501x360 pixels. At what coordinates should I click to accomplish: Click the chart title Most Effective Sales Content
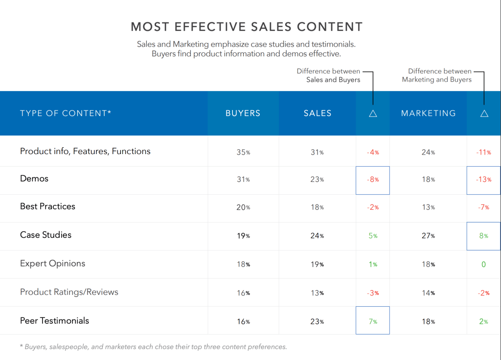pyautogui.click(x=247, y=26)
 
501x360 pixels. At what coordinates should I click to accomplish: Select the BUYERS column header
pyautogui.click(x=243, y=113)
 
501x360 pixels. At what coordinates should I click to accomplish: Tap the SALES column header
pyautogui.click(x=318, y=113)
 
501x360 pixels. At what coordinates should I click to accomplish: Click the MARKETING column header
pyautogui.click(x=428, y=113)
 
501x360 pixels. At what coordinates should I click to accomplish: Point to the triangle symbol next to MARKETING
pyautogui.click(x=484, y=113)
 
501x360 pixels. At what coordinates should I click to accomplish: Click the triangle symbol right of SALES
pyautogui.click(x=373, y=113)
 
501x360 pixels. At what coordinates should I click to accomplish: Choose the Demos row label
pyautogui.click(x=34, y=179)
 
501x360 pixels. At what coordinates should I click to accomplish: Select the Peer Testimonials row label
pyautogui.click(x=54, y=321)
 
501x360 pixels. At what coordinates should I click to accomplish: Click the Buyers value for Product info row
pyautogui.click(x=243, y=152)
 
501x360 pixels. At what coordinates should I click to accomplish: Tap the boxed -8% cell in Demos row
pyautogui.click(x=373, y=180)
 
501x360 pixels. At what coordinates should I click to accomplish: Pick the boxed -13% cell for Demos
pyautogui.click(x=483, y=180)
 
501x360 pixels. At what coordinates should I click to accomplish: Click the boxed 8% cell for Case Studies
pyautogui.click(x=483, y=236)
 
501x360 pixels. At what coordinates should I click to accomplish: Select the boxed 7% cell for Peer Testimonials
pyautogui.click(x=373, y=321)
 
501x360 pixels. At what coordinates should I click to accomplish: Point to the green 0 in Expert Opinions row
pyautogui.click(x=483, y=265)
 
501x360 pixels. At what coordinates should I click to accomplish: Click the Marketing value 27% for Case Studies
pyautogui.click(x=428, y=236)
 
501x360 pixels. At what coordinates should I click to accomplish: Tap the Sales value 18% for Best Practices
pyautogui.click(x=318, y=207)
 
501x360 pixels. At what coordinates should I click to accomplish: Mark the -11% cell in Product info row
pyautogui.click(x=483, y=152)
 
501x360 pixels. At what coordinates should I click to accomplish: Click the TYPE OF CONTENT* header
pyautogui.click(x=66, y=113)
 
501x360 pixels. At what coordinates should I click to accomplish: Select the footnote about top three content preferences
pyautogui.click(x=153, y=347)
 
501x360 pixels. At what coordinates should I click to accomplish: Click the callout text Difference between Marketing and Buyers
pyautogui.click(x=437, y=75)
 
